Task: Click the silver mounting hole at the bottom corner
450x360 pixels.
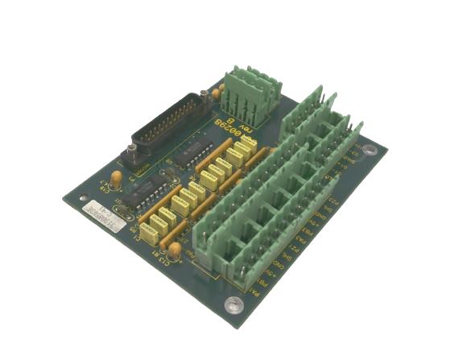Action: click(233, 304)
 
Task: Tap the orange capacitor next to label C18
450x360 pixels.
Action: click(117, 176)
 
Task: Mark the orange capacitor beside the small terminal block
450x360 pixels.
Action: click(217, 95)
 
